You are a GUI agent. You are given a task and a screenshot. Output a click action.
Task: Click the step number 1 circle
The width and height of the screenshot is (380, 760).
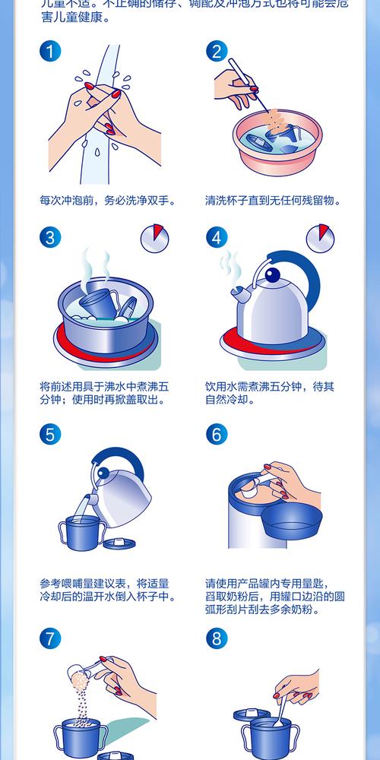50,52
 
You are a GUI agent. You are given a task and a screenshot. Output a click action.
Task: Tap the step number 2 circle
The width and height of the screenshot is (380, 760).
217,52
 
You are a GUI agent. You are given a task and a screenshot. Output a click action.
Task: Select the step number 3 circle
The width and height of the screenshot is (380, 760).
50,237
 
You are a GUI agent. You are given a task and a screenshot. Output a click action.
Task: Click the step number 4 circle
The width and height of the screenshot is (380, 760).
217,237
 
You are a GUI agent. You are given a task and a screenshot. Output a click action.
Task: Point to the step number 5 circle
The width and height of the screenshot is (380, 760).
50,435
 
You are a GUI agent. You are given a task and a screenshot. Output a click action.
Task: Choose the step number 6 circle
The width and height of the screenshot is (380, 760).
217,435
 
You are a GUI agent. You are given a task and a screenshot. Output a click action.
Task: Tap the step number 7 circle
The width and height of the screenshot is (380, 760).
50,637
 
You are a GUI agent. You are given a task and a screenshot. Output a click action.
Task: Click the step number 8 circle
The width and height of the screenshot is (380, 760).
217,637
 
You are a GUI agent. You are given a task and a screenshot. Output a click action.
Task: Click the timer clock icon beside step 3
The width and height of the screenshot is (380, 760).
154,239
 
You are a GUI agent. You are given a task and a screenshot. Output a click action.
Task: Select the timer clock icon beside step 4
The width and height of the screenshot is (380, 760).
320,239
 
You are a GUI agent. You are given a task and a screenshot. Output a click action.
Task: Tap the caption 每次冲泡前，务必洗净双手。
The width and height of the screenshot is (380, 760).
108,201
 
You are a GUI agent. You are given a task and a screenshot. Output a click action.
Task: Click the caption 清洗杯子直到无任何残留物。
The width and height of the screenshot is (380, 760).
273,201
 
